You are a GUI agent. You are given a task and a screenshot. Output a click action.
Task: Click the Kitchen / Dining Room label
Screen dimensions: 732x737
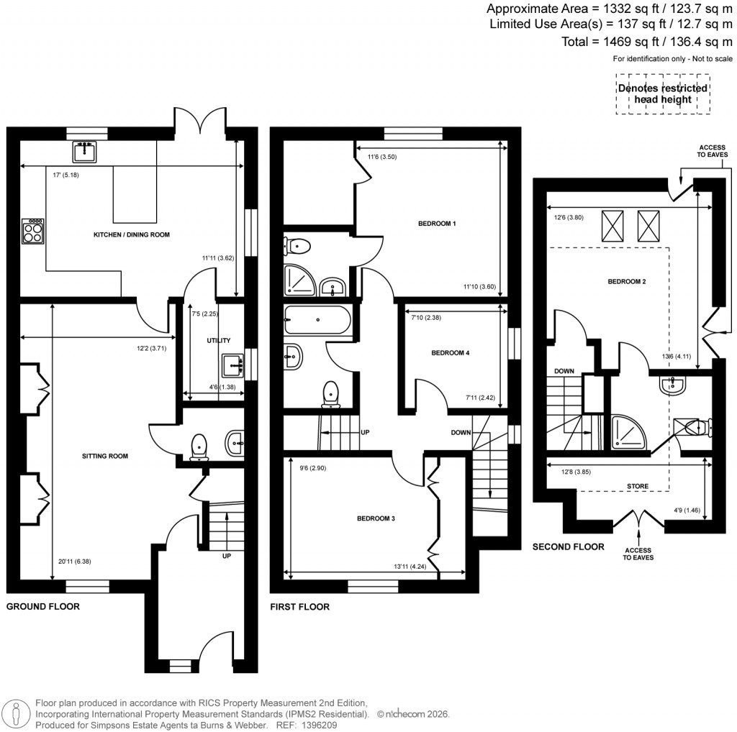pos(131,235)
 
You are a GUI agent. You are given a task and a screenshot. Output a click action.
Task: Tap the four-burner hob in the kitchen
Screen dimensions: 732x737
pos(33,232)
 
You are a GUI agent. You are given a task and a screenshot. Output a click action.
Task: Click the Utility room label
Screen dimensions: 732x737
pos(217,339)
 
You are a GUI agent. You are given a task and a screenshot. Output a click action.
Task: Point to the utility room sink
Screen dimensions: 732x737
pos(235,365)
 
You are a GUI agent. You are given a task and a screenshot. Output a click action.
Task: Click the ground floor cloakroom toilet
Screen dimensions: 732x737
pos(198,447)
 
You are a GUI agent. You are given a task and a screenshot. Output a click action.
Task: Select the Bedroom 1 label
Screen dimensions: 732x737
pos(438,224)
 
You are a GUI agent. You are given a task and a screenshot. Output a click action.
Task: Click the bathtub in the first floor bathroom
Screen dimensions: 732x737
pos(317,320)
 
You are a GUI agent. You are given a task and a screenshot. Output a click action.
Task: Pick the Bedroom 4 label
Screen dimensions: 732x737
pos(451,353)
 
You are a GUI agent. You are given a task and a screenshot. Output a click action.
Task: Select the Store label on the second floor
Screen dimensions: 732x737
pos(638,486)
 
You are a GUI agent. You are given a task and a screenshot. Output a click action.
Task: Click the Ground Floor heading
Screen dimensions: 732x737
pos(43,607)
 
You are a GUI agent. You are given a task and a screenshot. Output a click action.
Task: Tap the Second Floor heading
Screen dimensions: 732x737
pos(569,547)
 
